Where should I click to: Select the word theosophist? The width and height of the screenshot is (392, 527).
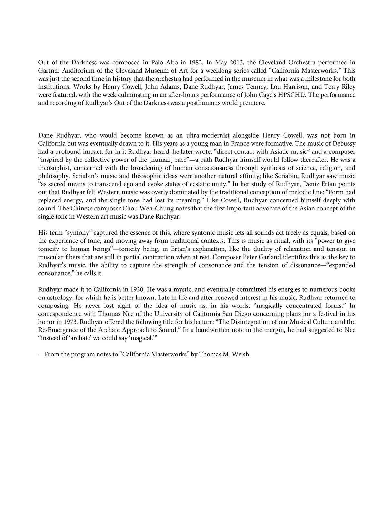tap(53, 168)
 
